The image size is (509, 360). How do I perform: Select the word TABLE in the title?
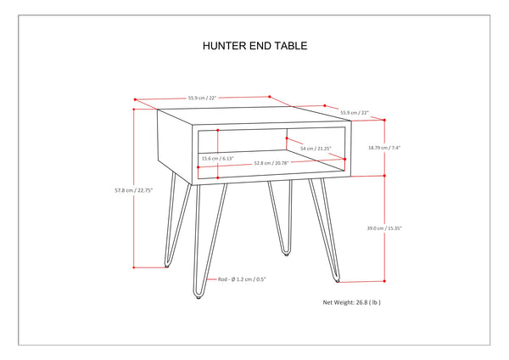pyautogui.click(x=289, y=47)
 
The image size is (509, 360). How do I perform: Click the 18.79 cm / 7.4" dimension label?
pyautogui.click(x=408, y=148)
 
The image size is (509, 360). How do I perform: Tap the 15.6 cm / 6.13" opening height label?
pyautogui.click(x=218, y=158)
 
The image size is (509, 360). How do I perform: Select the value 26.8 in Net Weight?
pyautogui.click(x=374, y=302)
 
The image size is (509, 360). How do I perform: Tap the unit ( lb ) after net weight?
pyautogui.click(x=394, y=302)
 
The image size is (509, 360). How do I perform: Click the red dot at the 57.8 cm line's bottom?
pyautogui.click(x=134, y=267)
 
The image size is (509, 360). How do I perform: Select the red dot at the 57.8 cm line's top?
pyautogui.click(x=134, y=108)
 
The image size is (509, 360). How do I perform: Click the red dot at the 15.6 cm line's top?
pyautogui.click(x=219, y=130)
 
